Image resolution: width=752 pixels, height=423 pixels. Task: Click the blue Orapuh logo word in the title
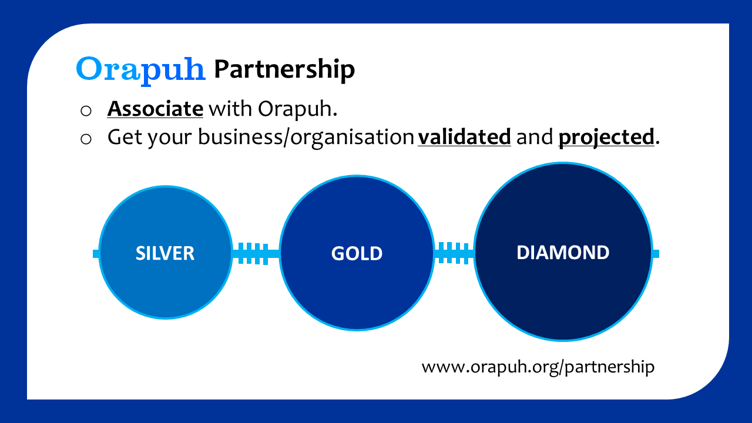tap(140, 69)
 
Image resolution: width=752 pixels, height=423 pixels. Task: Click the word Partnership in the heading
tap(284, 69)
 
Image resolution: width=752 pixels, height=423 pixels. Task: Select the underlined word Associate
tap(155, 109)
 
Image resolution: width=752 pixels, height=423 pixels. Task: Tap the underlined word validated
tap(464, 137)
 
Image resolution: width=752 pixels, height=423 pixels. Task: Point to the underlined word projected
tap(606, 137)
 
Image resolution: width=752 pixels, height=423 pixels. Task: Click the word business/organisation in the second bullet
tap(306, 137)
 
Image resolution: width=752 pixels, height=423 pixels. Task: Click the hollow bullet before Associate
tap(86, 110)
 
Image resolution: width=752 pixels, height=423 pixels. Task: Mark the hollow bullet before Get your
tap(86, 139)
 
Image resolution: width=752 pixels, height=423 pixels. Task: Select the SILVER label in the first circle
tap(165, 253)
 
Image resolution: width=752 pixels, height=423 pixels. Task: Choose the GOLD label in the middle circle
tap(357, 253)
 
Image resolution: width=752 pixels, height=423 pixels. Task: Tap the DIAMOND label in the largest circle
tap(563, 253)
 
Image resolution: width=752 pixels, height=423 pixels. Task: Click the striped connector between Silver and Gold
tap(256, 253)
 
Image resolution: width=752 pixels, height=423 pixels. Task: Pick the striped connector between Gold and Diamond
tap(454, 253)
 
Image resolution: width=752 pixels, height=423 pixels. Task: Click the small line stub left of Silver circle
tap(96, 254)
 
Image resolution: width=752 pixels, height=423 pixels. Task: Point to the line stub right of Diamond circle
tap(655, 254)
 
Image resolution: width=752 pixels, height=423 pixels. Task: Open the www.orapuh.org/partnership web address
tap(538, 367)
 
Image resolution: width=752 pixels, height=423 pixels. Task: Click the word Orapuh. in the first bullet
tap(297, 109)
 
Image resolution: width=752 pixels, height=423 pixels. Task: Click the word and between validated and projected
tap(535, 137)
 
